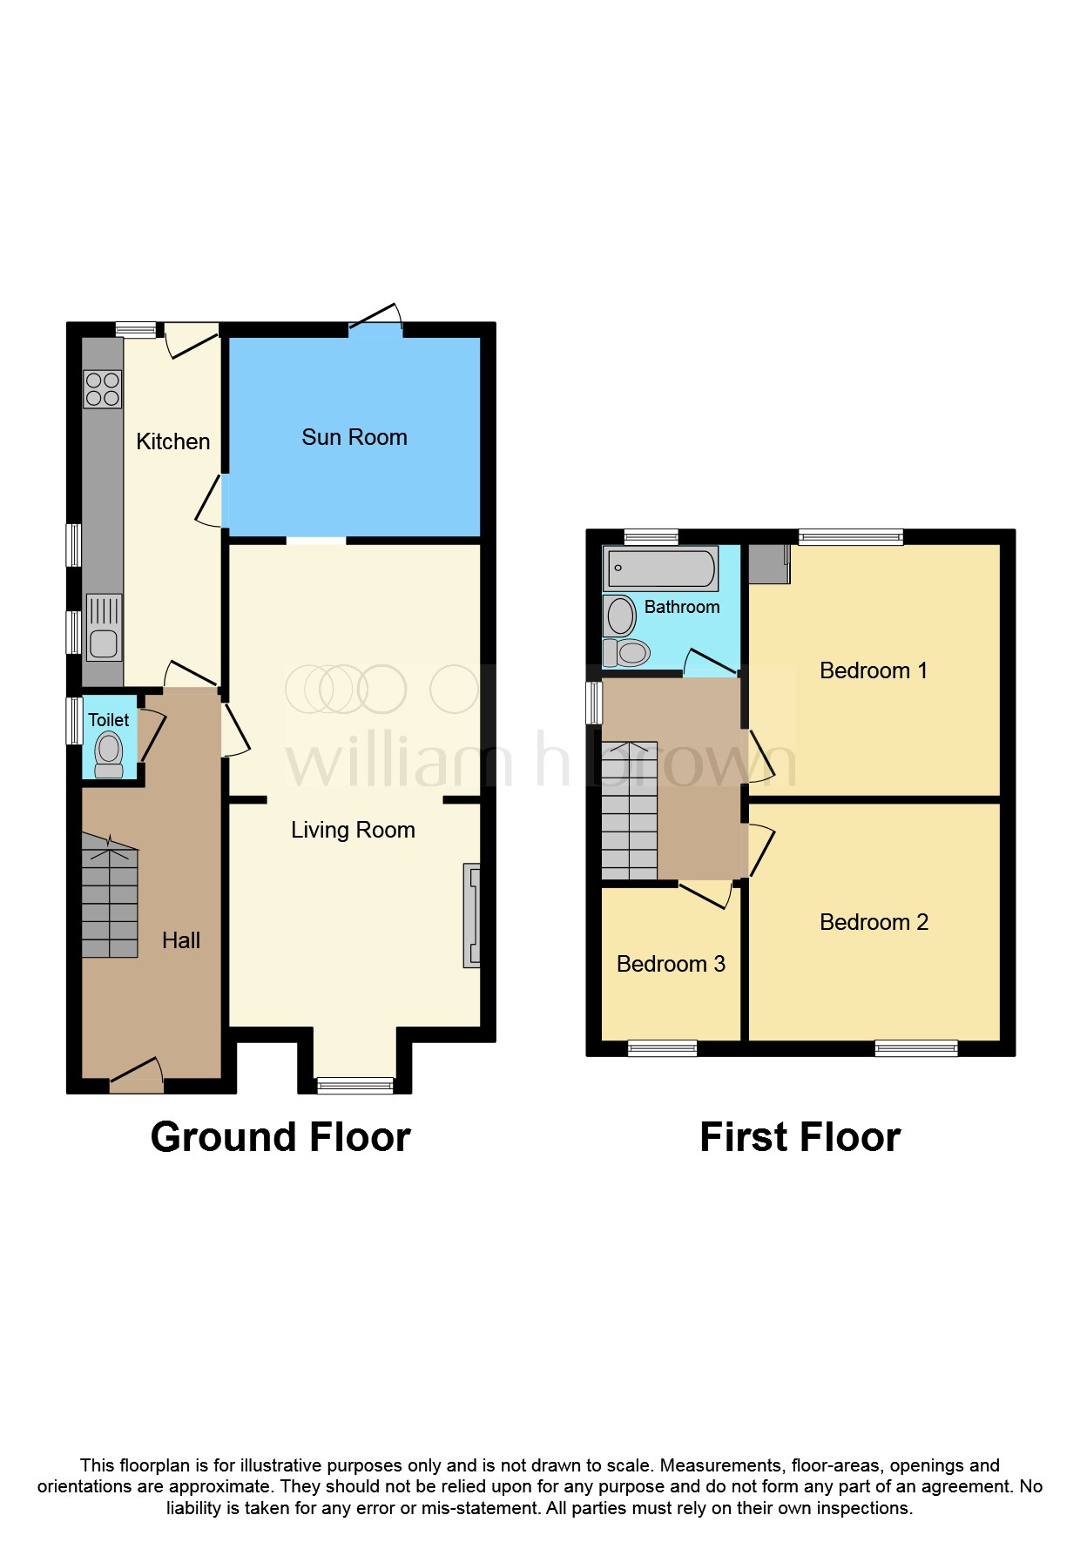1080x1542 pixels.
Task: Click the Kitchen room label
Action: click(172, 441)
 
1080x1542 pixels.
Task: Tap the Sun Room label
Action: click(354, 437)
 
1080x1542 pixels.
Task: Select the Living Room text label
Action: click(353, 830)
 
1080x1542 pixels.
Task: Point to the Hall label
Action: click(181, 940)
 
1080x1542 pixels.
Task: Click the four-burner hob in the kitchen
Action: click(103, 389)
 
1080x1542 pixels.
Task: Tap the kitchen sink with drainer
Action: click(104, 628)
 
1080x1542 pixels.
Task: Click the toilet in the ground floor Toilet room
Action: click(109, 754)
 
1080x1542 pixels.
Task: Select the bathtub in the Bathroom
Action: click(661, 569)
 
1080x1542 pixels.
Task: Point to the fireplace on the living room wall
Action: click(471, 915)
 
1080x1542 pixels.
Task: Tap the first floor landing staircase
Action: click(629, 811)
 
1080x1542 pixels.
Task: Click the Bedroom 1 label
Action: click(874, 670)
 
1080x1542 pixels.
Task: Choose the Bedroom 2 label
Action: click(874, 922)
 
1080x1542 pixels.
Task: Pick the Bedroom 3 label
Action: click(671, 964)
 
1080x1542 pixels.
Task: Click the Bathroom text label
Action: click(682, 607)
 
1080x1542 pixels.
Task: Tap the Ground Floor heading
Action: click(280, 1137)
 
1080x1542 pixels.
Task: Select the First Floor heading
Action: click(800, 1137)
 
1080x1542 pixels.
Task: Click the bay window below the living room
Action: click(355, 1084)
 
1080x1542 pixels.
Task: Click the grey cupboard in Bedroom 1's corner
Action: click(769, 563)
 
